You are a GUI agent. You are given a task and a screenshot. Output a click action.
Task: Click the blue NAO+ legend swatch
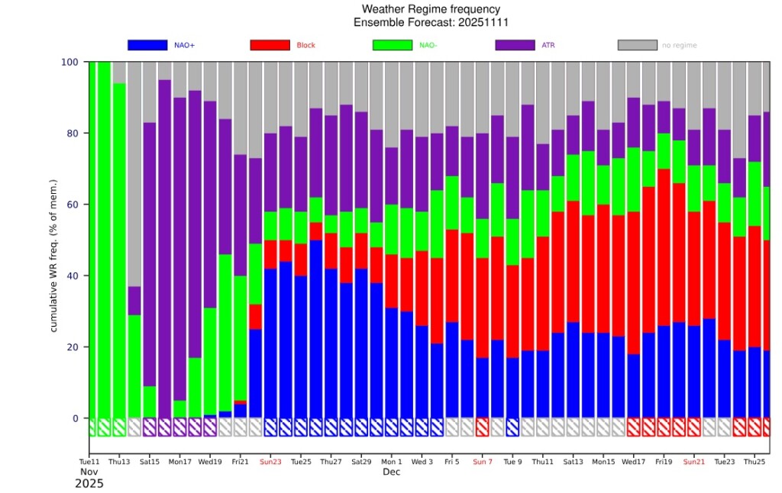[x=147, y=45]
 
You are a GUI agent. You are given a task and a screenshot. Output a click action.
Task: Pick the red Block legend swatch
[x=270, y=45]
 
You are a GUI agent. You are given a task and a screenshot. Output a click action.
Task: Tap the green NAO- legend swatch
[x=392, y=45]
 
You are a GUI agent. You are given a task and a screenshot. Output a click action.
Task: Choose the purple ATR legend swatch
[x=515, y=45]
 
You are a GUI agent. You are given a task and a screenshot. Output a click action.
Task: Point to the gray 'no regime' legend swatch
[x=637, y=45]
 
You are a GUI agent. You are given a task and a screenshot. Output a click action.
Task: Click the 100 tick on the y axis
[x=69, y=62]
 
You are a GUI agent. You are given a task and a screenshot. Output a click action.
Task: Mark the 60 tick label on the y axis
[x=72, y=205]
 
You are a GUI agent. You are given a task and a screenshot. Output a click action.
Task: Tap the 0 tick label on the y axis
[x=75, y=418]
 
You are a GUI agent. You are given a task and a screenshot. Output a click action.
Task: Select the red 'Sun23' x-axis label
[x=270, y=462]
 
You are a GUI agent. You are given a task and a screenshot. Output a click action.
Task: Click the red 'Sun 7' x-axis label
[x=483, y=462]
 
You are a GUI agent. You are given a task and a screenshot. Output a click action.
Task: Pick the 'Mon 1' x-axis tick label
[x=392, y=462]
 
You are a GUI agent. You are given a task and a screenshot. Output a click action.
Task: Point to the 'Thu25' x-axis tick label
[x=755, y=462]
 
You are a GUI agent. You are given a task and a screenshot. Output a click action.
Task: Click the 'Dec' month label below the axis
[x=392, y=473]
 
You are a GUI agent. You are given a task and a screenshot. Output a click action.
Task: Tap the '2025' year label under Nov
[x=89, y=484]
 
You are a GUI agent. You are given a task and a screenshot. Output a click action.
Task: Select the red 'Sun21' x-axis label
[x=694, y=462]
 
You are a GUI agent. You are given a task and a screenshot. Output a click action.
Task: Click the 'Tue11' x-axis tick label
[x=89, y=462]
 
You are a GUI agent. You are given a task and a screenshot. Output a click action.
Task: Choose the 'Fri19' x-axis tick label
[x=664, y=462]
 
